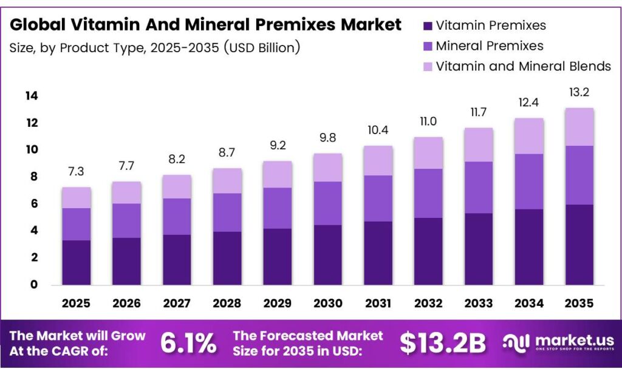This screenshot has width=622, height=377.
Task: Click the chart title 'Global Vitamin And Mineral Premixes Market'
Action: click(205, 25)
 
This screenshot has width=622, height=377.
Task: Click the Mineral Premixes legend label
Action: click(490, 46)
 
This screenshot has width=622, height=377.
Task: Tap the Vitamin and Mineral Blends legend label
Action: click(523, 66)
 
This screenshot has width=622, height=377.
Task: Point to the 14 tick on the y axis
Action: click(32, 96)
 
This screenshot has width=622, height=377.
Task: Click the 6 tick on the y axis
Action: click(34, 204)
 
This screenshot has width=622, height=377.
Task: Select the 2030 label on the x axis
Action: click(327, 303)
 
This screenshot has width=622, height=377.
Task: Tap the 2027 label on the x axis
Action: click(177, 303)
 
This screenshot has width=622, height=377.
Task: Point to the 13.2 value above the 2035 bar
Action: click(579, 93)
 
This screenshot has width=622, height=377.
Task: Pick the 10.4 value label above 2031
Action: click(378, 130)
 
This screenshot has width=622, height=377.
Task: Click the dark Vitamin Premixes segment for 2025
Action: click(76, 262)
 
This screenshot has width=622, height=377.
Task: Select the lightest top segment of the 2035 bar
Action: click(579, 127)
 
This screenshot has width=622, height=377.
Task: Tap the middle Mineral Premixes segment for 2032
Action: click(428, 193)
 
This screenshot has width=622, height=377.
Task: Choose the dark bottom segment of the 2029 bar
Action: click(277, 256)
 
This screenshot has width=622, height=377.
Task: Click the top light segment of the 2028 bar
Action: click(227, 181)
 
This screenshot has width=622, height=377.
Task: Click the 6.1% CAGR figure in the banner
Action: click(188, 344)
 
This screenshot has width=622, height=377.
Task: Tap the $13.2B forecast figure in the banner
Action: click(442, 344)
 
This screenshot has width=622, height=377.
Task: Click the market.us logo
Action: click(558, 343)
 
